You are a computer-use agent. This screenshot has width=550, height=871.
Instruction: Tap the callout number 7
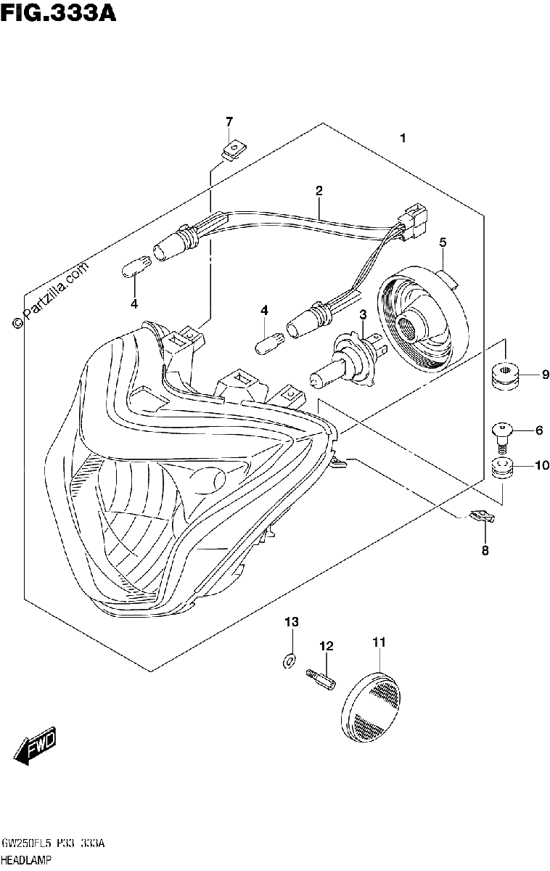coord(229,122)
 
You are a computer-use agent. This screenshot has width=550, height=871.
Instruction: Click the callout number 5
coord(443,242)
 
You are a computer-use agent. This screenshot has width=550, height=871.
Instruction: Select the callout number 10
coord(542,465)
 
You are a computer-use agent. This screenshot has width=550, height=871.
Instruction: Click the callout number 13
coord(292,622)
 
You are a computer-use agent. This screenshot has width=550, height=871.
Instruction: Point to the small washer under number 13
coord(289,661)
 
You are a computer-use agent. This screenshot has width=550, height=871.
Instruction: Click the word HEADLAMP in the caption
coord(26,860)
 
